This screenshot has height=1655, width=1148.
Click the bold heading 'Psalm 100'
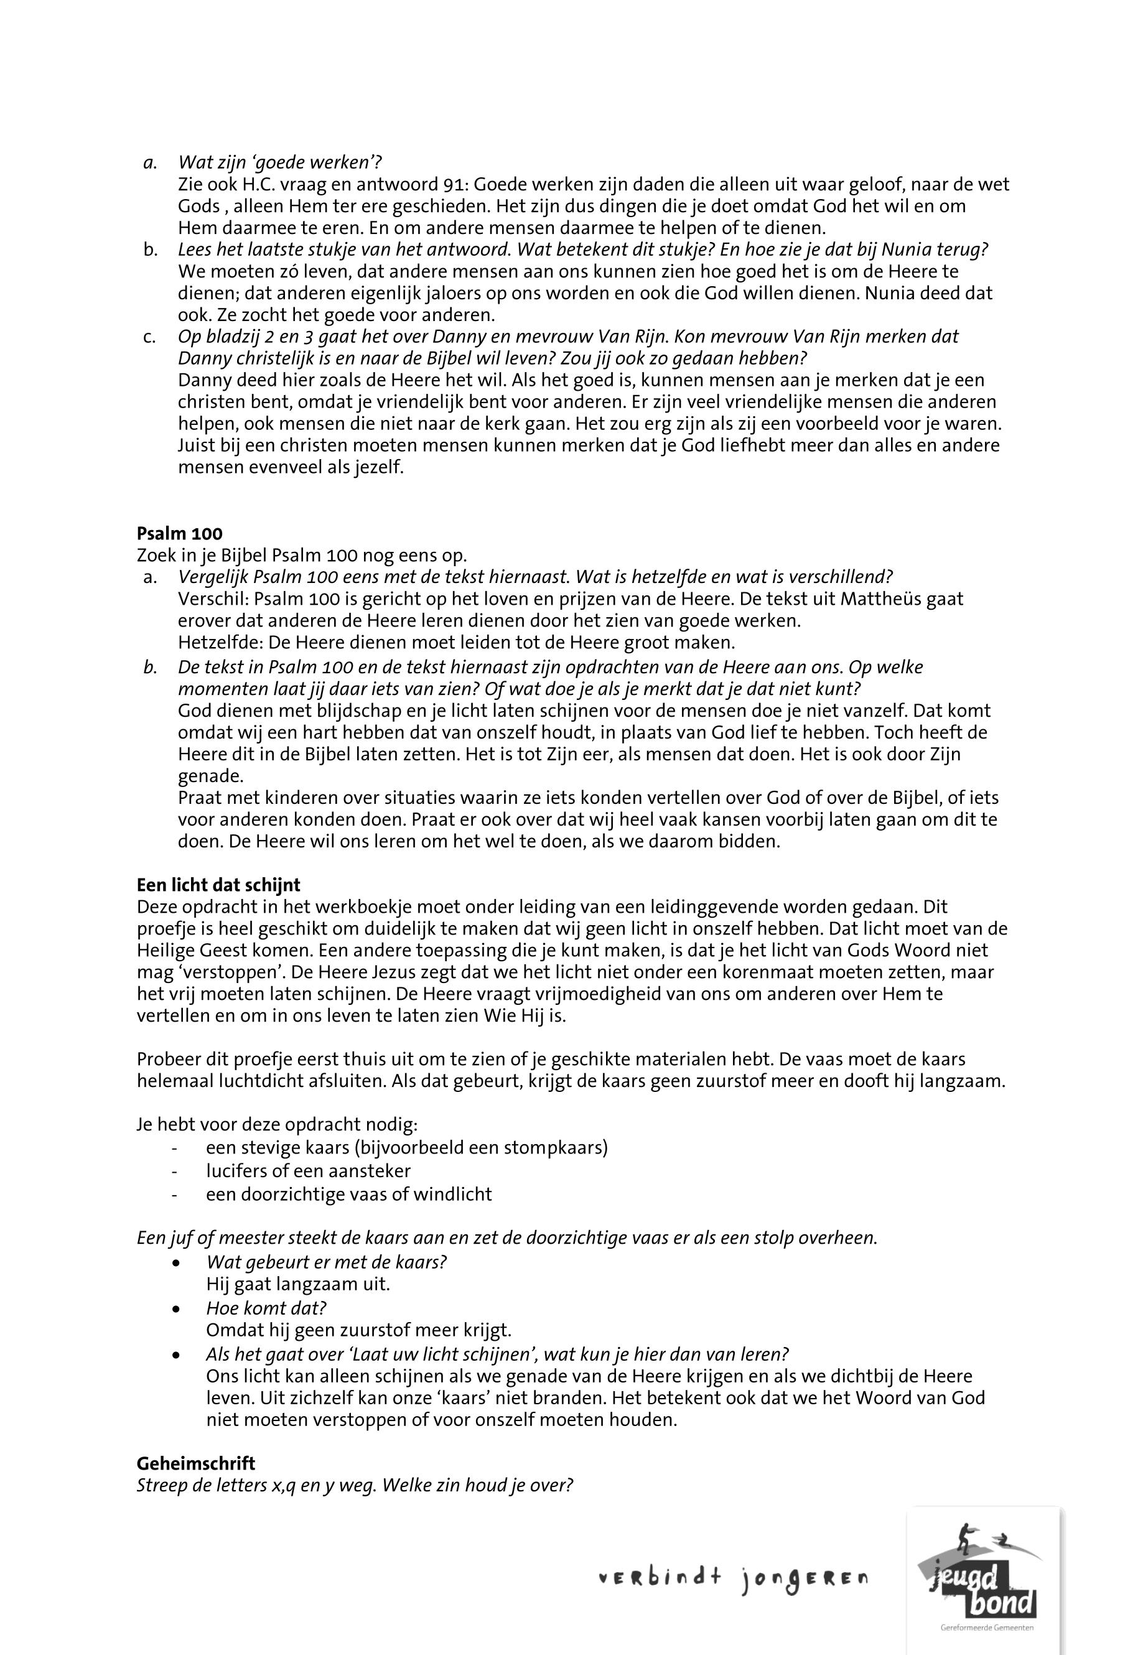tap(179, 534)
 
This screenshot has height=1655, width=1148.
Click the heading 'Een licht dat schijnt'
tap(218, 885)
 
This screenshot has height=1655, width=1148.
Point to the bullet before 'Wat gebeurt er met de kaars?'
tap(176, 1263)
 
